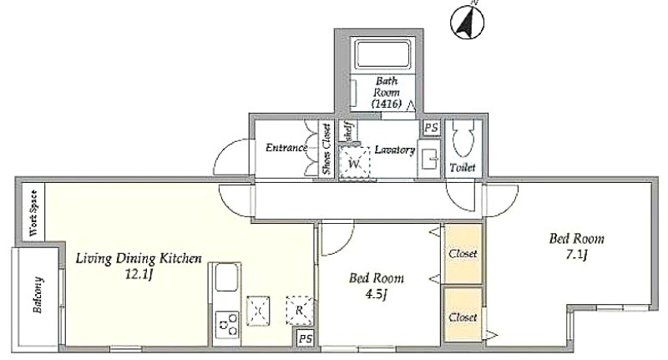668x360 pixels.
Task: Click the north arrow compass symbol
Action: pos(468,23)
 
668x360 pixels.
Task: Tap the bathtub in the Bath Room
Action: pos(383,53)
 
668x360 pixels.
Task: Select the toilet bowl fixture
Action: pos(463,138)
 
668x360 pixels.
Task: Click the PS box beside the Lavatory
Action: pos(431,129)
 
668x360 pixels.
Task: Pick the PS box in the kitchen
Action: pos(305,339)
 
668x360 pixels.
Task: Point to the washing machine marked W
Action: pos(354,164)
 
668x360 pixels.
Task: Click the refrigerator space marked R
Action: pos(299,311)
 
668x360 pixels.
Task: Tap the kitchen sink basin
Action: pos(226,277)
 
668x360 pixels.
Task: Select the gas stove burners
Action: pos(227,325)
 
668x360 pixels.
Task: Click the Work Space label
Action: pos(33,213)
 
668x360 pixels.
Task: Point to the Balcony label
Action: pos(38,295)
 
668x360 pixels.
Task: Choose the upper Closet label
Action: pos(463,253)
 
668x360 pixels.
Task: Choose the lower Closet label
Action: pos(463,317)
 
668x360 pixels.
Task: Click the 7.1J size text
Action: pos(576,256)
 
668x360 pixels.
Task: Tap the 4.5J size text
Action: pos(377,294)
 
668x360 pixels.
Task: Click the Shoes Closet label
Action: pos(326,150)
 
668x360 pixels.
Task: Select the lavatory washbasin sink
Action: pos(428,159)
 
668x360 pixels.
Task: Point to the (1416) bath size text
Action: pos(387,103)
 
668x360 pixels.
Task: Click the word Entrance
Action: pos(286,148)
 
